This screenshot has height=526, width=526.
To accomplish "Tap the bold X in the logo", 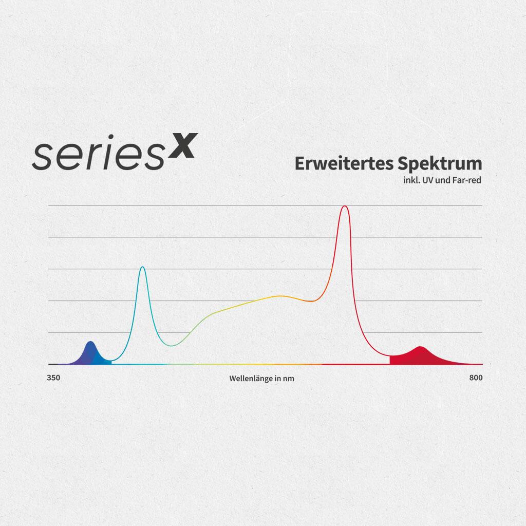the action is (183, 145).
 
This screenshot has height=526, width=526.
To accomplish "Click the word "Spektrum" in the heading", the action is (440, 164).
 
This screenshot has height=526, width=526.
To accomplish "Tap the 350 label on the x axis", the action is (53, 378).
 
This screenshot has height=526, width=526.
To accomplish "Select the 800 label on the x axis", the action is (476, 378).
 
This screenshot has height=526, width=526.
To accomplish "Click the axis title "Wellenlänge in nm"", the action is (261, 379).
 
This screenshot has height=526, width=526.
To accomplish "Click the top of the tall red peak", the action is (345, 206).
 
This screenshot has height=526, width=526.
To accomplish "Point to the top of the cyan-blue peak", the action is (143, 267).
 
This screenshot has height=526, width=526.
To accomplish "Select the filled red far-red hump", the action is (422, 356).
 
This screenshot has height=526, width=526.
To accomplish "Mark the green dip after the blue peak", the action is (172, 346).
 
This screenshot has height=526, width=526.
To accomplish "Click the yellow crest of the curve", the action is (280, 296).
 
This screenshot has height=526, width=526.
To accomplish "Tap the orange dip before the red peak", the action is (311, 301).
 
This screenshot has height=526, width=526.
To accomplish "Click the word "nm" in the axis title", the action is (289, 379).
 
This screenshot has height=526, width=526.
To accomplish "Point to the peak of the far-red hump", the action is (420, 347).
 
